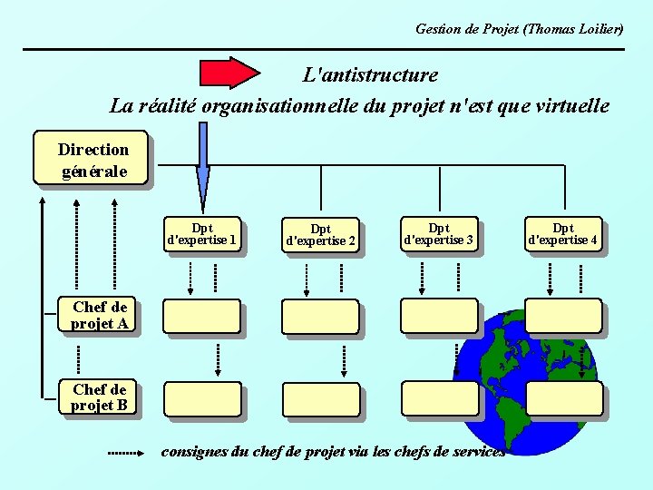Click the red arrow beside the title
(x=229, y=73)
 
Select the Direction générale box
(x=93, y=160)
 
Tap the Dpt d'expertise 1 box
(x=202, y=234)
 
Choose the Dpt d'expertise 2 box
(x=320, y=235)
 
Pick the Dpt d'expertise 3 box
(x=438, y=234)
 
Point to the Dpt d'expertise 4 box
(x=562, y=234)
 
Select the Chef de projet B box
(x=100, y=397)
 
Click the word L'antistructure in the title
(x=370, y=75)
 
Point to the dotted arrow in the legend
(x=125, y=451)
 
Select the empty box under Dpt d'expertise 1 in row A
(x=201, y=316)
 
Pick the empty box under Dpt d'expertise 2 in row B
(x=320, y=399)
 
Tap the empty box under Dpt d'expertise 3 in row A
(x=438, y=315)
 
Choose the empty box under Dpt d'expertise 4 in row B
(x=564, y=397)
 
